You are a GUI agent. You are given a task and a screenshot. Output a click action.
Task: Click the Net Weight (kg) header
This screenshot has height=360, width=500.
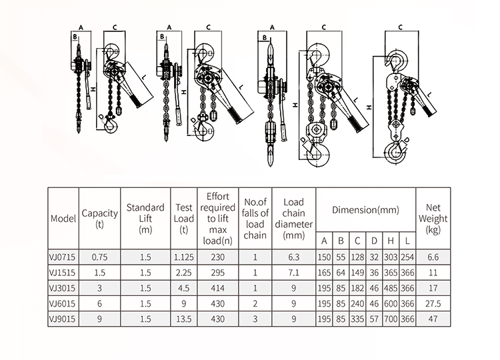pyautogui.click(x=432, y=218)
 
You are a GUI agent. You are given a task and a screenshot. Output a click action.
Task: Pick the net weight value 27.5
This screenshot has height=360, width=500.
pyautogui.click(x=432, y=303)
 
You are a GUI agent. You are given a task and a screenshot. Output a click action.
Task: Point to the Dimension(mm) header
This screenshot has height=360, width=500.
pyautogui.click(x=366, y=209)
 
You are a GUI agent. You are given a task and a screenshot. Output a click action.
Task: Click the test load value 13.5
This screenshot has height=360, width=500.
pyautogui.click(x=183, y=319)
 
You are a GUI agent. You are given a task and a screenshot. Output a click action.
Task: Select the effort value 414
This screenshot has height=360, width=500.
pyautogui.click(x=217, y=287)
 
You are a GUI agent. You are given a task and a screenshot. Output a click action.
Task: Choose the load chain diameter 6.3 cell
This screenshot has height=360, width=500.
pyautogui.click(x=293, y=255)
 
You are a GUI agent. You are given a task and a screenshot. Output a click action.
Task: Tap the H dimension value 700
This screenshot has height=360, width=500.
pyautogui.click(x=390, y=319)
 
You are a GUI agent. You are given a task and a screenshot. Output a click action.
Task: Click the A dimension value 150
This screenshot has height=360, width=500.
pyautogui.click(x=324, y=255)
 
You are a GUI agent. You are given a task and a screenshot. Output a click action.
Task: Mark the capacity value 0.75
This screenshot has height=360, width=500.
pyautogui.click(x=99, y=255)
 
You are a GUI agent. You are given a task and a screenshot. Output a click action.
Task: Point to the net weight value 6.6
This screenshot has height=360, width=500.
pyautogui.click(x=432, y=255)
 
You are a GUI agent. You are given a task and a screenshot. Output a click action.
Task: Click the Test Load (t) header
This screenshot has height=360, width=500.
pyautogui.click(x=183, y=218)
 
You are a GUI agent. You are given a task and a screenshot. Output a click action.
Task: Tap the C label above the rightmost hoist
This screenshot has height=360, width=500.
pyautogui.click(x=399, y=27)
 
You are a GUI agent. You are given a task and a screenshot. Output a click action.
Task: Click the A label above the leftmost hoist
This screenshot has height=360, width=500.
pyautogui.click(x=80, y=27)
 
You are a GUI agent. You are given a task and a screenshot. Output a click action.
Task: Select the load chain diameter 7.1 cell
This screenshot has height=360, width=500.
pyautogui.click(x=293, y=271)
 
